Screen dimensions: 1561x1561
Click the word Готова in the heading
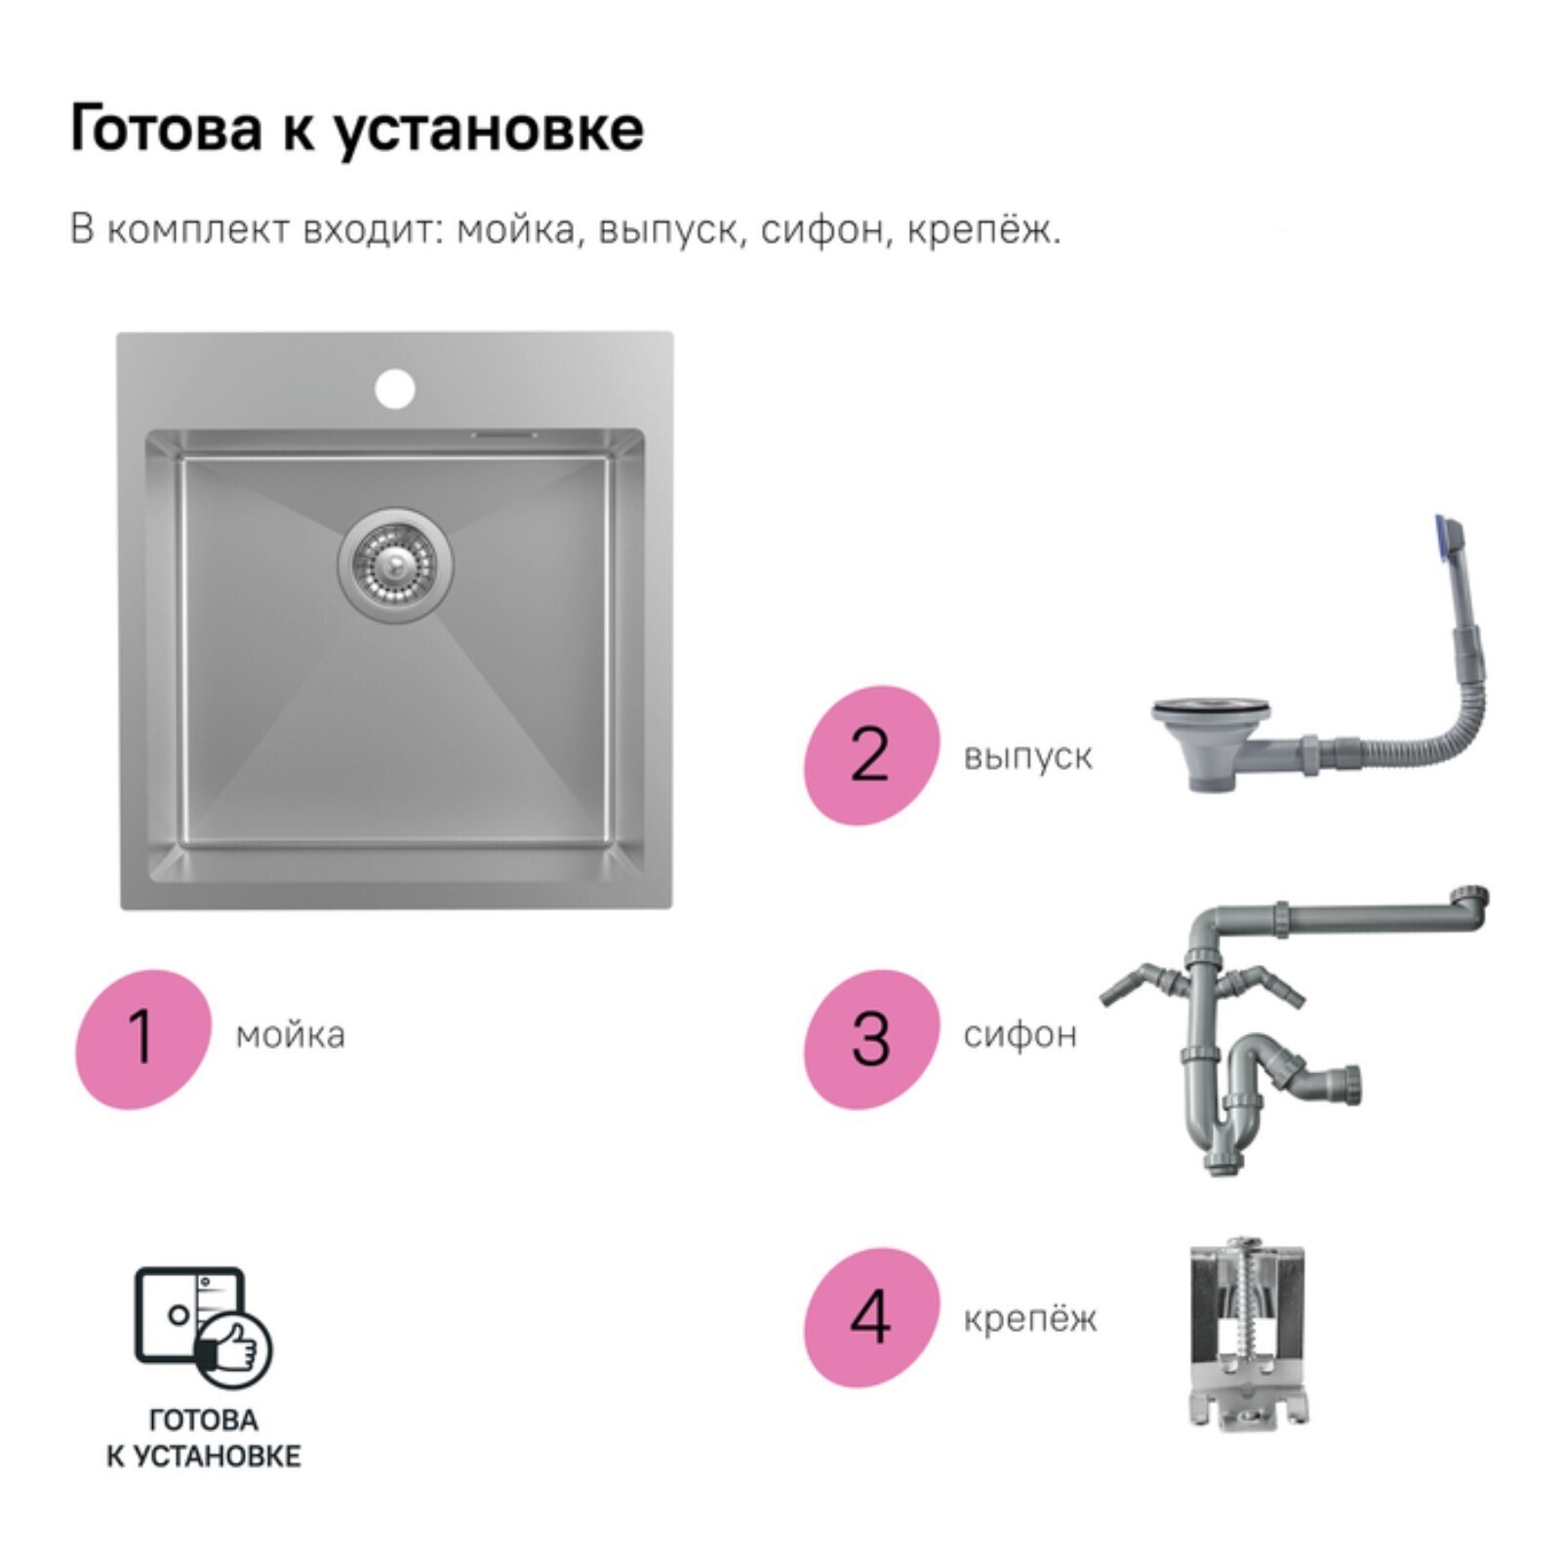pos(166,128)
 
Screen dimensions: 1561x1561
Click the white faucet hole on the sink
pos(395,388)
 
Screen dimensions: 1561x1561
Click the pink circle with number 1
pos(143,1038)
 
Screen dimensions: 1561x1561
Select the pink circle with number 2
pos(871,755)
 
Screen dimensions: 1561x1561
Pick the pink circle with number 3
pos(871,1038)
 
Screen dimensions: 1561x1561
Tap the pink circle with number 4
pos(871,1317)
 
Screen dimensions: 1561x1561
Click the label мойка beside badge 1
pos(291,1035)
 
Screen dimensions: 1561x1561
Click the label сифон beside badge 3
pos(1021,1035)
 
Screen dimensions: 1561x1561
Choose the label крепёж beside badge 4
pos(1030,1319)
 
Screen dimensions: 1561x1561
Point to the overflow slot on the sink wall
pos(503,433)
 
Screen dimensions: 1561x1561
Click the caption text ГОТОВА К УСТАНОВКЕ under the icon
pos(203,1438)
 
